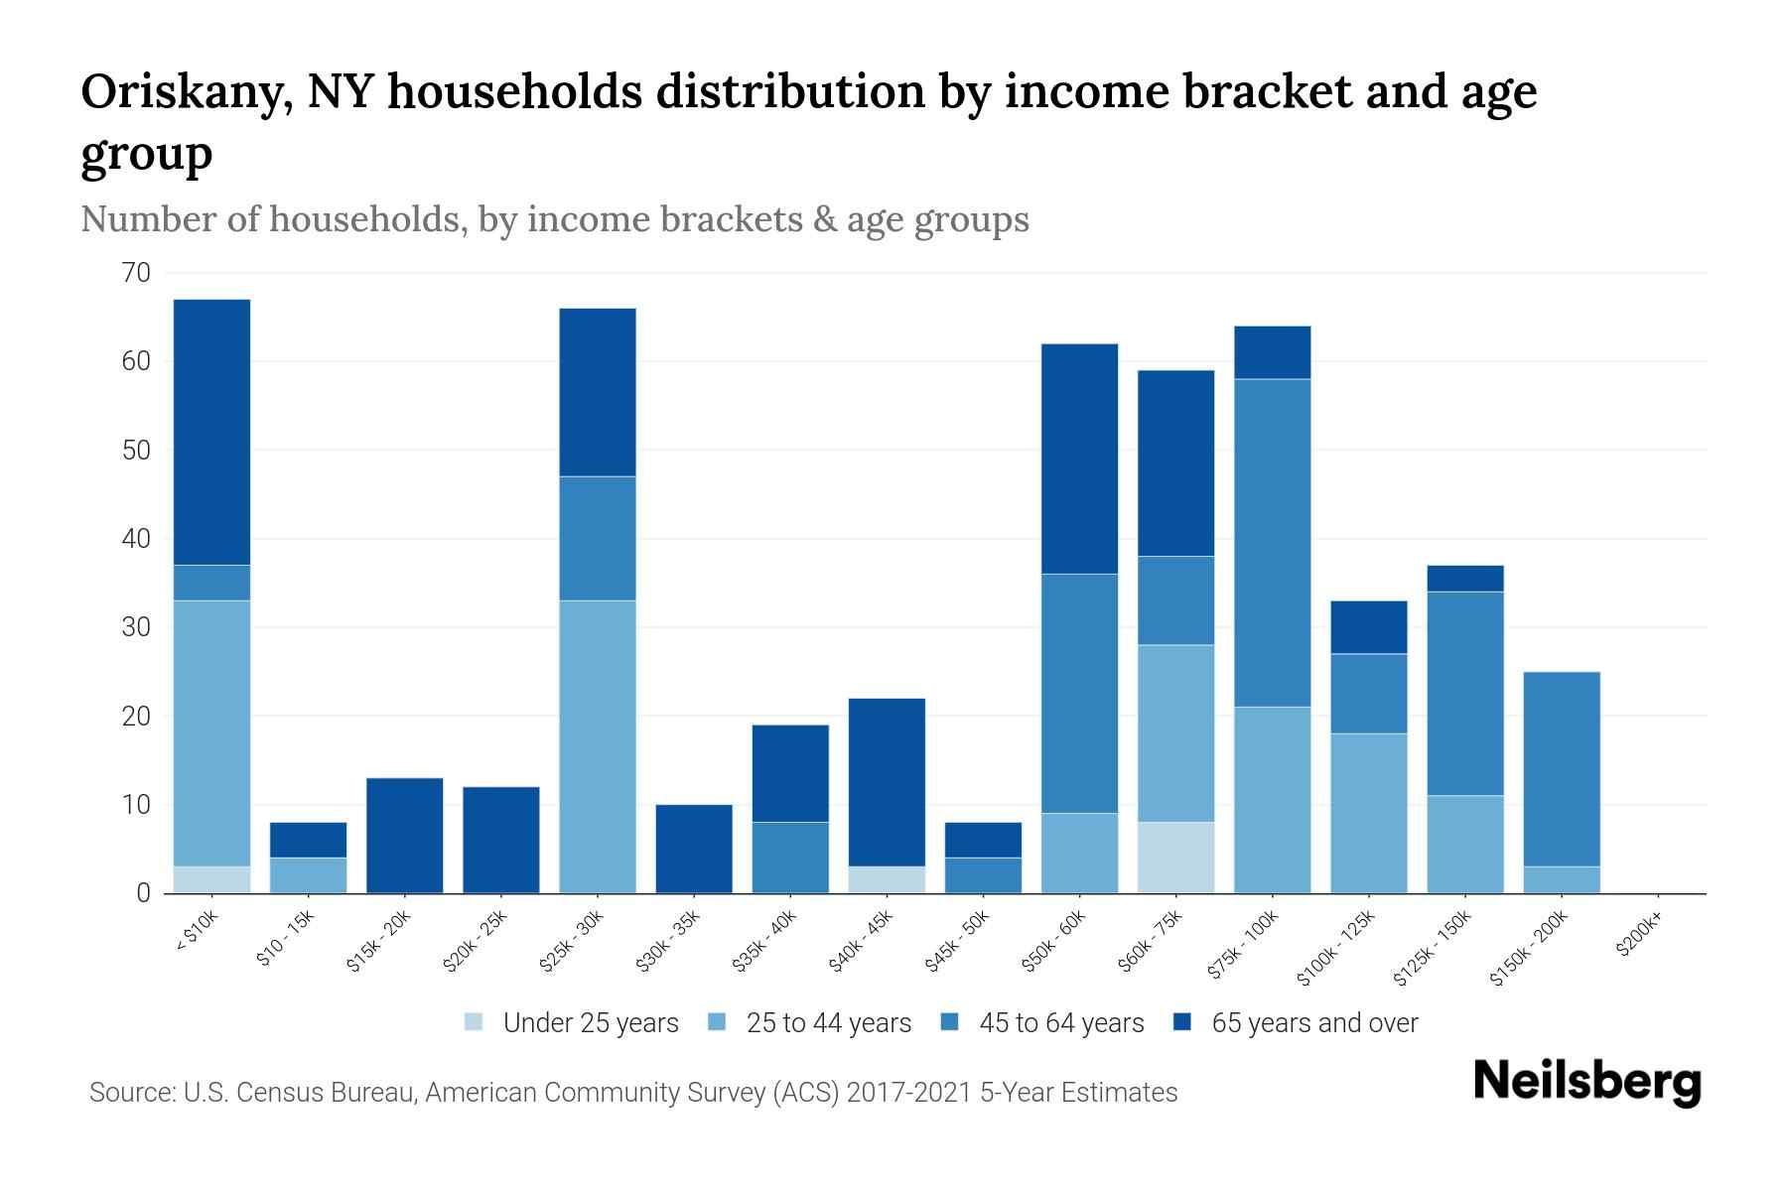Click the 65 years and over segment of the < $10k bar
[x=211, y=432]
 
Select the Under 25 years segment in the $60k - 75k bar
[x=1175, y=858]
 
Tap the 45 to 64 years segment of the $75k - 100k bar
[x=1272, y=543]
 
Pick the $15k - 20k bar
[x=404, y=836]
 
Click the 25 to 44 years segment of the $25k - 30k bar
[x=598, y=746]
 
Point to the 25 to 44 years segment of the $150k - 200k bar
[x=1562, y=880]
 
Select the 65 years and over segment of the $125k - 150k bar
[x=1465, y=579]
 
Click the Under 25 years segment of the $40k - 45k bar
[x=887, y=880]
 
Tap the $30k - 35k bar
[x=694, y=849]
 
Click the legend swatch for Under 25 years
[x=475, y=1022]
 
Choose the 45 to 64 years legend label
[x=1061, y=1023]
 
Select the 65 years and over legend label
[x=1314, y=1023]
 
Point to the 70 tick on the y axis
[x=137, y=273]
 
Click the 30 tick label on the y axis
[x=137, y=627]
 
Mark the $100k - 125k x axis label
[x=1336, y=948]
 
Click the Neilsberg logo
[x=1586, y=1082]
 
